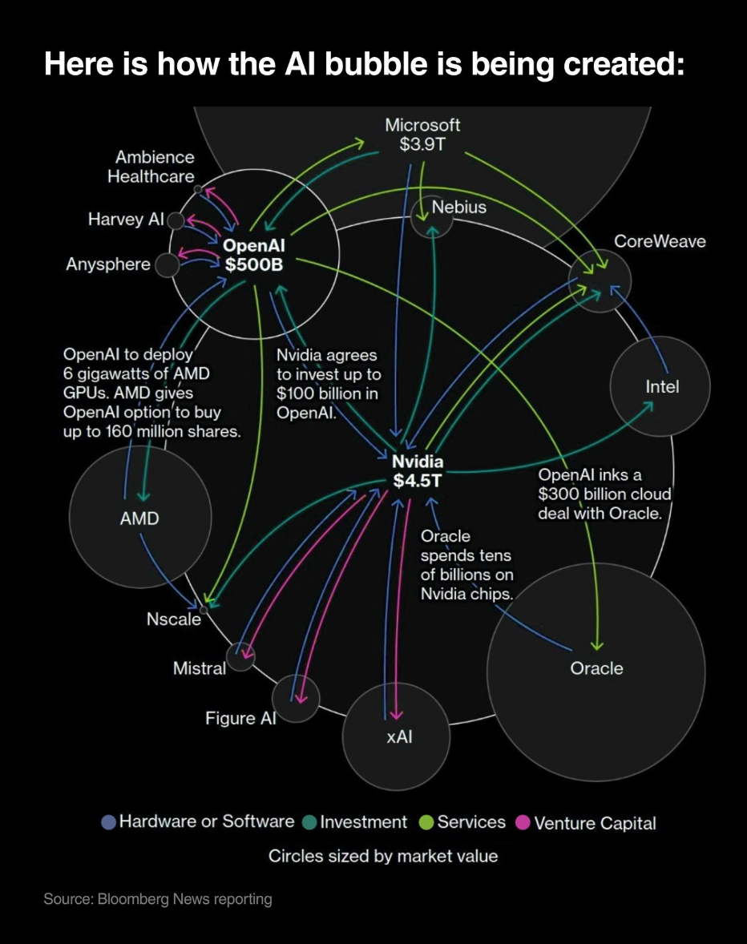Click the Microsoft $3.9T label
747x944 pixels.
point(422,135)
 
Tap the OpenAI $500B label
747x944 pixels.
point(253,255)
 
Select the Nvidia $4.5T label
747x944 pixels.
point(418,471)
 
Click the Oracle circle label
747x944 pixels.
point(596,668)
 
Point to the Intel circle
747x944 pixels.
point(660,387)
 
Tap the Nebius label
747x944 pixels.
point(458,208)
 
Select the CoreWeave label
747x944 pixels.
point(660,241)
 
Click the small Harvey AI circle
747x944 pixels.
point(176,220)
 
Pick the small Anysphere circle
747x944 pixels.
point(167,265)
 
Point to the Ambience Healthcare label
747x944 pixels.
point(151,167)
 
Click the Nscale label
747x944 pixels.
point(174,619)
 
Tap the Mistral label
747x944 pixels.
point(200,668)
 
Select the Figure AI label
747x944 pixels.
point(240,718)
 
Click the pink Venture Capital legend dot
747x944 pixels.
point(523,822)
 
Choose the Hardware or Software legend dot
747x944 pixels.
point(108,822)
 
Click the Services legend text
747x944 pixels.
point(471,822)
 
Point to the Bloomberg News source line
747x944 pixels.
point(158,899)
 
